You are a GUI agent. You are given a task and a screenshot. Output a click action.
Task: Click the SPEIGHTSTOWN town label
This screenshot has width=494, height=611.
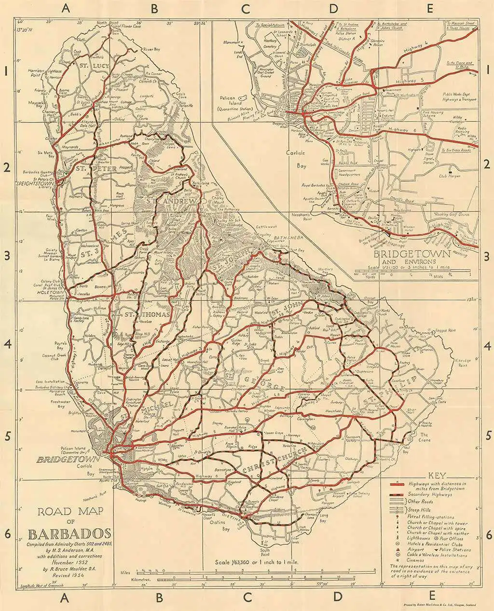(x=36, y=184)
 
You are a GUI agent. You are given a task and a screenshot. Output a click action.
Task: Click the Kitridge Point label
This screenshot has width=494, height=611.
(x=464, y=363)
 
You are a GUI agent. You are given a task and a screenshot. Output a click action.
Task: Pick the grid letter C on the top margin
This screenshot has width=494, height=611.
(x=247, y=8)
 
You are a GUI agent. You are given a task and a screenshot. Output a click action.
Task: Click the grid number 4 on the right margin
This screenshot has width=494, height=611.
(x=488, y=346)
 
